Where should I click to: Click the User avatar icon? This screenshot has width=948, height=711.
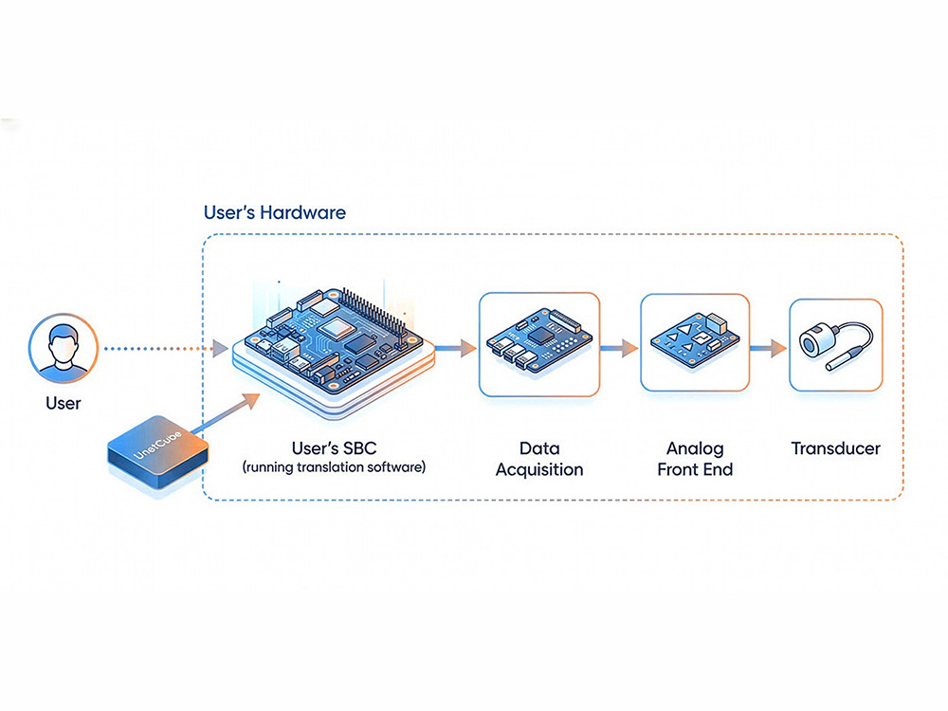(x=64, y=348)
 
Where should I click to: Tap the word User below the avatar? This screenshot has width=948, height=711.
(x=64, y=403)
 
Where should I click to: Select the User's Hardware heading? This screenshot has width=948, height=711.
(x=275, y=212)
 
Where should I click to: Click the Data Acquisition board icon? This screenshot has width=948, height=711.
(x=538, y=342)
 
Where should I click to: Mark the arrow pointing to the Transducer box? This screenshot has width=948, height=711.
(x=769, y=349)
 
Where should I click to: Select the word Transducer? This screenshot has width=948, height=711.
(x=835, y=447)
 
